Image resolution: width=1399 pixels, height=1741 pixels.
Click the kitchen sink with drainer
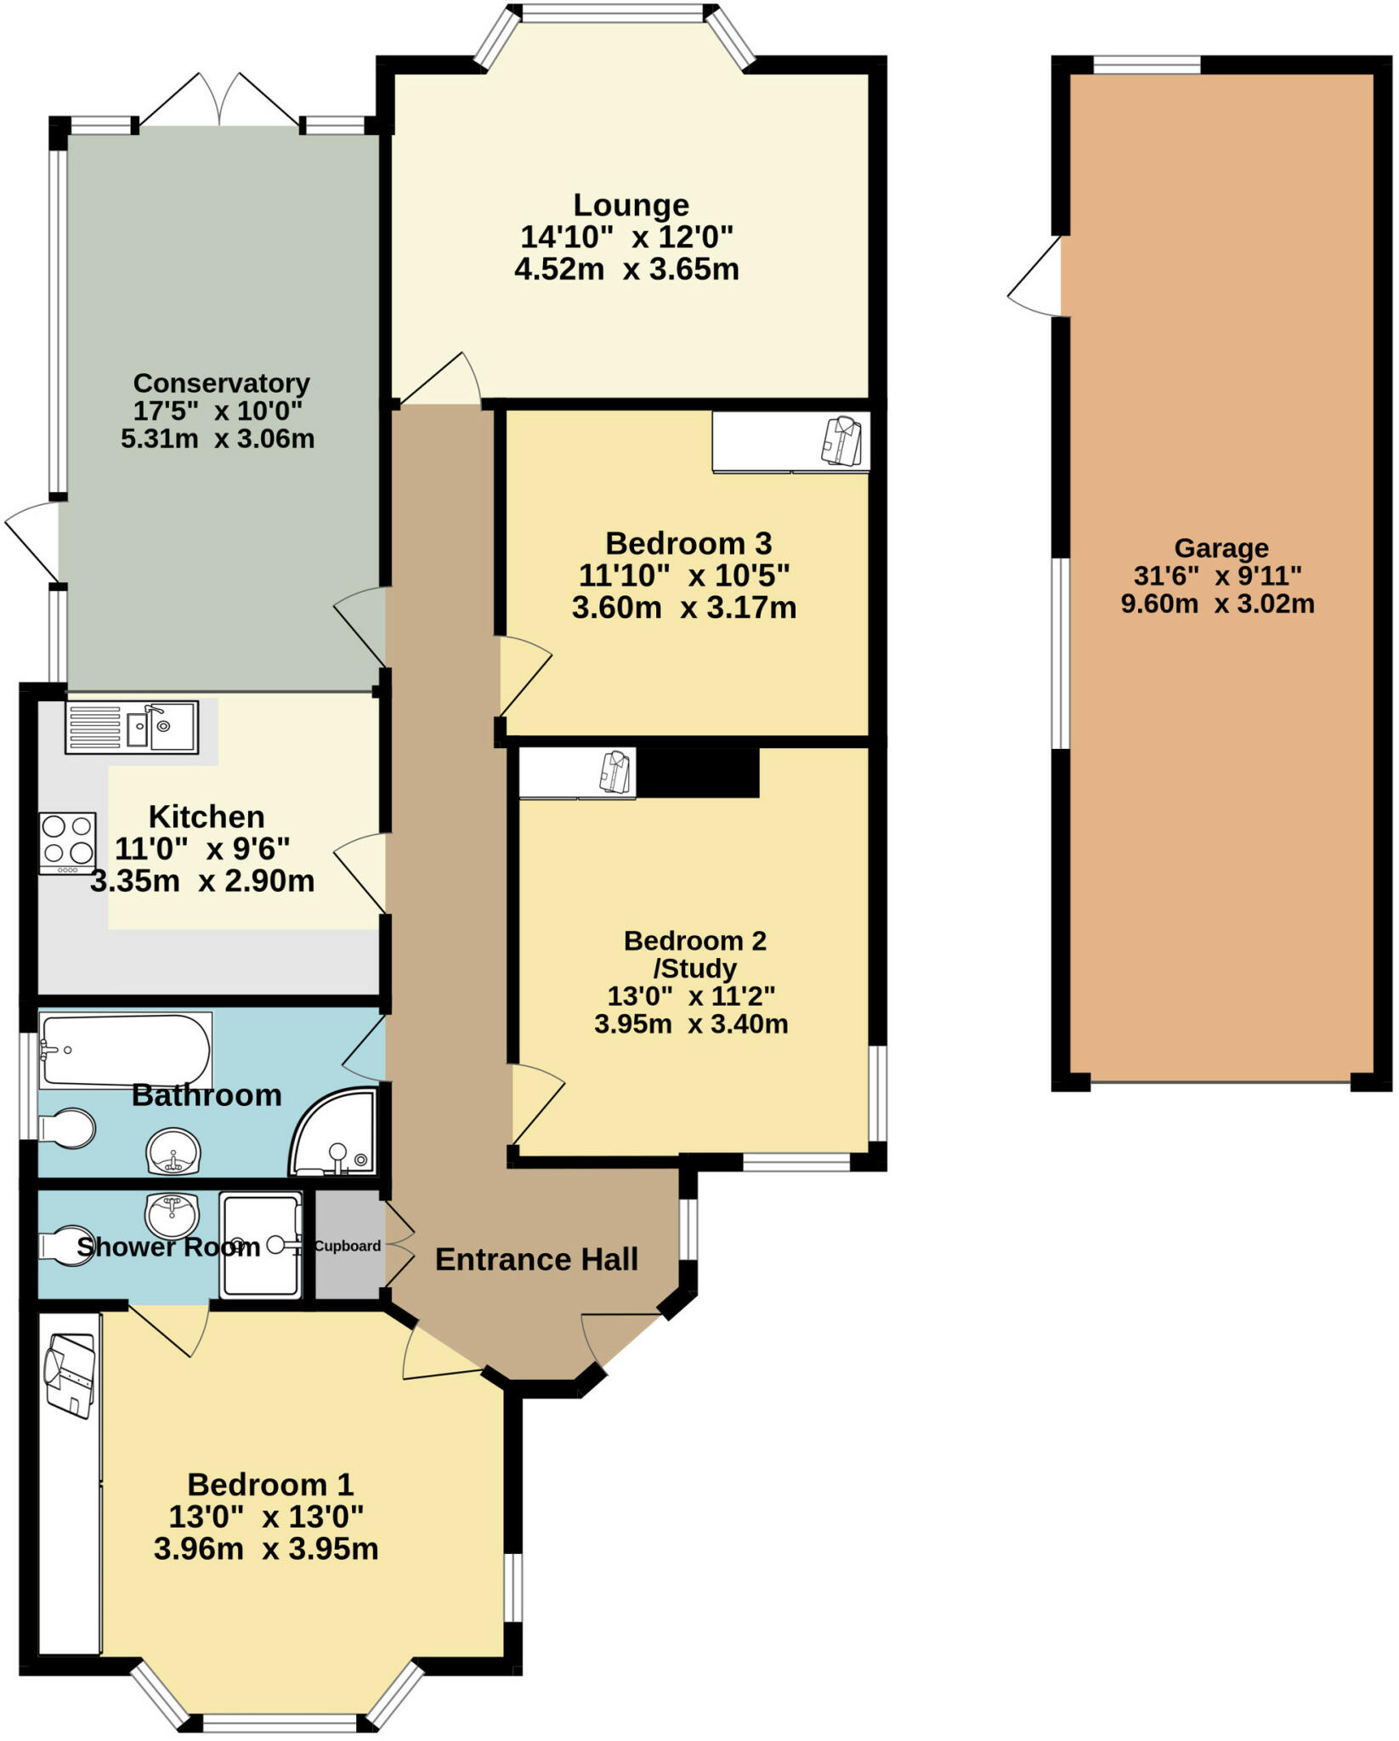click(132, 728)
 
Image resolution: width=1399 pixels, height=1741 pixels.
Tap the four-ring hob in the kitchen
click(68, 842)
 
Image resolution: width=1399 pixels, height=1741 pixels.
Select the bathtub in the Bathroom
click(124, 1051)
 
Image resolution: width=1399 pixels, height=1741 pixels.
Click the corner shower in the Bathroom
click(337, 1135)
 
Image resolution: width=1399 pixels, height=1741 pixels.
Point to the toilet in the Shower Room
click(66, 1246)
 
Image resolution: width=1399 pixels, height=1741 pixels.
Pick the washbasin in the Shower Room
click(173, 1214)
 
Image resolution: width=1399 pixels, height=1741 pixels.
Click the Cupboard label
click(348, 1246)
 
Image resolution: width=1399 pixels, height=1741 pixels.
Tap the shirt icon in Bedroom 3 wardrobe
click(841, 440)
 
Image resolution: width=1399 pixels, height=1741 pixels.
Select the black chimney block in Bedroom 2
click(698, 772)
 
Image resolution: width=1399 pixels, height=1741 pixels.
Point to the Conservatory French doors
click(220, 100)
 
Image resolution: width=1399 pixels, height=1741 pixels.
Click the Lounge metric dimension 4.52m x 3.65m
click(626, 269)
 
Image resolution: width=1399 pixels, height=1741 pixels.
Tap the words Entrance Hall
click(536, 1259)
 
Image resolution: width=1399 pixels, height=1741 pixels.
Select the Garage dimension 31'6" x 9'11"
click(1217, 576)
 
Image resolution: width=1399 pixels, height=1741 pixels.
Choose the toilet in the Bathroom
click(66, 1128)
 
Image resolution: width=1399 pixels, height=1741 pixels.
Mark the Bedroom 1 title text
click(269, 1484)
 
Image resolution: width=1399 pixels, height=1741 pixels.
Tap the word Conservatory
click(221, 383)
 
